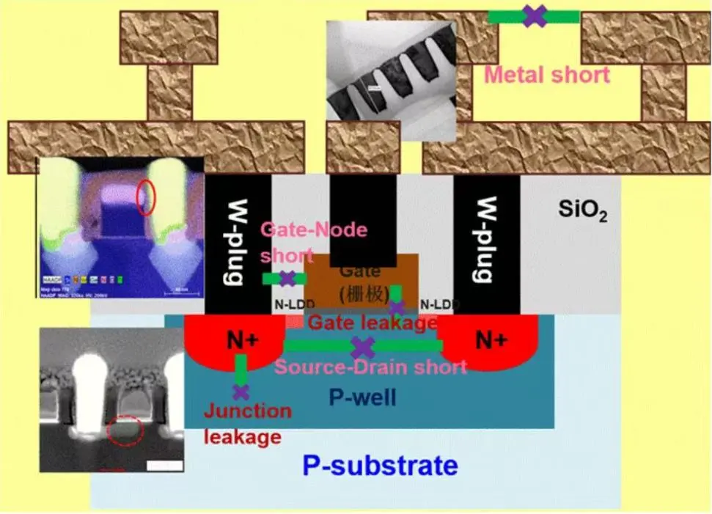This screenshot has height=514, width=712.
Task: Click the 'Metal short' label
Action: [547, 74]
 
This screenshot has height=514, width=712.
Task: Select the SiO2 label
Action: [582, 213]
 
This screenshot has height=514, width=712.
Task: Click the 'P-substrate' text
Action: [380, 465]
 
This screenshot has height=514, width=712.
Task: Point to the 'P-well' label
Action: [362, 398]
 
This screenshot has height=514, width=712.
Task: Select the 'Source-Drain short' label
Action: [370, 366]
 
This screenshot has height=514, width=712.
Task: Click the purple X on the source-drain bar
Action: [363, 347]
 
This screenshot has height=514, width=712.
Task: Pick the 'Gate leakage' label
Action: [372, 323]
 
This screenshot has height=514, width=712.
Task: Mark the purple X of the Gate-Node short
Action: [287, 279]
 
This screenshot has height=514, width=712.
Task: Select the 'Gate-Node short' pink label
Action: [314, 242]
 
